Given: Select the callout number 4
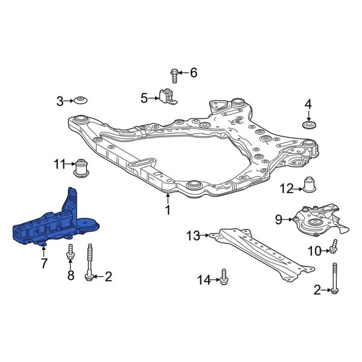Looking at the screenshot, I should pos(308,105).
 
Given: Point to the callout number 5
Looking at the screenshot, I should pos(144,97).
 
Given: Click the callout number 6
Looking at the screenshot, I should pos(193,73).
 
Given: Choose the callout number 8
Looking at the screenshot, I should pos(71,277).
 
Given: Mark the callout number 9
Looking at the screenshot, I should pos(279,220).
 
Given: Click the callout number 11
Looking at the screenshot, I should pos(59,164).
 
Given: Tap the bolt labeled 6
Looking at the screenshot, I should pos(174,74).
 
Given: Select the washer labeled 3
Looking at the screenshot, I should pos(81,101).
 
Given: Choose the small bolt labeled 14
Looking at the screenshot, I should pos(224,278).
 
